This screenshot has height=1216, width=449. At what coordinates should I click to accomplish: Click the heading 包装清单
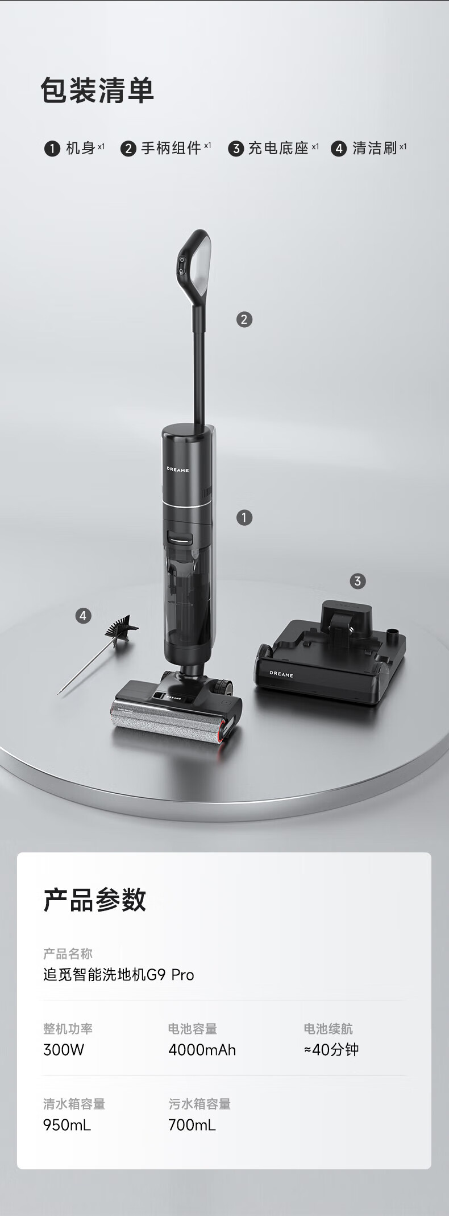click(x=97, y=91)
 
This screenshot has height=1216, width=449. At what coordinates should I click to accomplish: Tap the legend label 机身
click(x=80, y=149)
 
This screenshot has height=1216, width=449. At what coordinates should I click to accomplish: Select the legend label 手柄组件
click(x=171, y=149)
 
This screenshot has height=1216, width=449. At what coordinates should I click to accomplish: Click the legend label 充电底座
click(x=278, y=149)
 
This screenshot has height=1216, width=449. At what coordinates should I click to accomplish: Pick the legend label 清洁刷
click(x=375, y=149)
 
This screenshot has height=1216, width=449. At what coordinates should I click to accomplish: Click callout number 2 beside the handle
click(x=244, y=319)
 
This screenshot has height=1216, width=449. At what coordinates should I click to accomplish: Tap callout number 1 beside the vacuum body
click(x=244, y=517)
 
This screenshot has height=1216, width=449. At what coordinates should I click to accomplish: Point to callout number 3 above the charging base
click(x=357, y=581)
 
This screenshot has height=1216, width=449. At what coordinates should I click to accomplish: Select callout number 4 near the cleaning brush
click(x=84, y=616)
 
